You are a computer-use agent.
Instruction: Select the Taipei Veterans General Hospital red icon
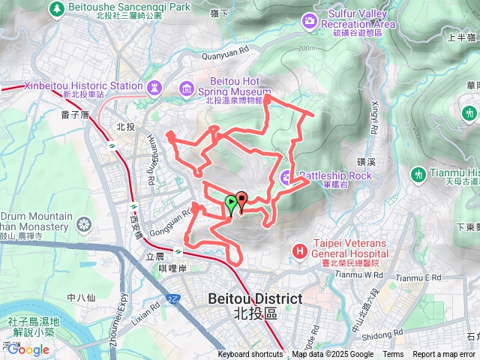click(300, 250)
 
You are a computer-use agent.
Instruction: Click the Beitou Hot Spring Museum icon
click(186, 91)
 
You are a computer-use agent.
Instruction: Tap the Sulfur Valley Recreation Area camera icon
click(310, 20)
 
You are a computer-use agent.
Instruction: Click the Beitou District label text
click(255, 299)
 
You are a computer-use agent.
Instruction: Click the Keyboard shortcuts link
click(250, 355)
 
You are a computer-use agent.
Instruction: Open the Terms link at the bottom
click(393, 355)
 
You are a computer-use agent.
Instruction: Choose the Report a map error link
click(444, 355)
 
